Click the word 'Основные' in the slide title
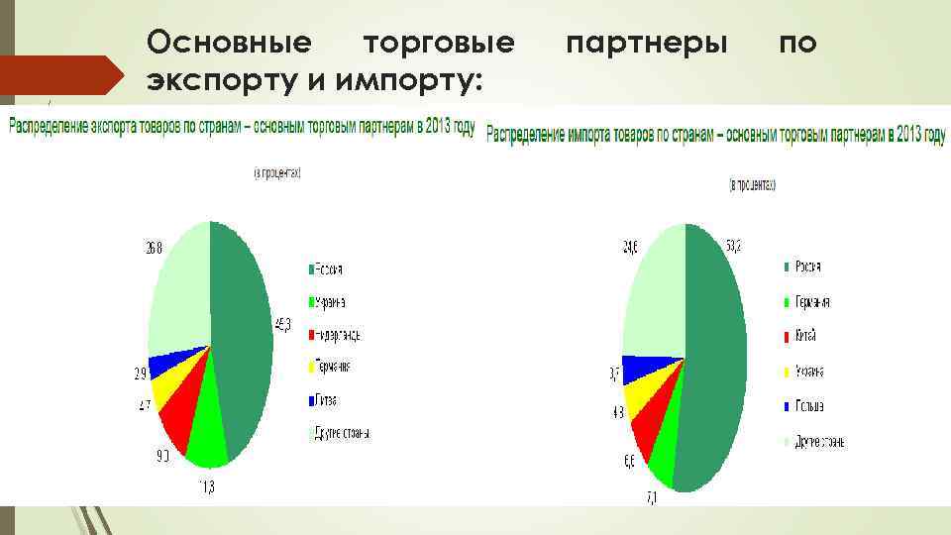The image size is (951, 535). point(229,43)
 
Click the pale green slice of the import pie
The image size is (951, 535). point(652,297)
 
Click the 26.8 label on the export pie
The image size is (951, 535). point(153,248)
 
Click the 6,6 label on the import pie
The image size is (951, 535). point(630,462)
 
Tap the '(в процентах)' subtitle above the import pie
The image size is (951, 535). point(753,184)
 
